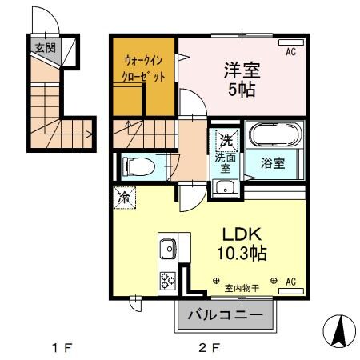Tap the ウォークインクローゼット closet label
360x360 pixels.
[x=145, y=69]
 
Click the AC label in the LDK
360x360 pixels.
[x=291, y=282]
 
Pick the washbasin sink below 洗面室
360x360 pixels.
[x=225, y=189]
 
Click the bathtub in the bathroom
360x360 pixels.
[x=274, y=135]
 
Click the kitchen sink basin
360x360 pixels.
[x=169, y=250]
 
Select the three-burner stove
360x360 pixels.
[x=169, y=280]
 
